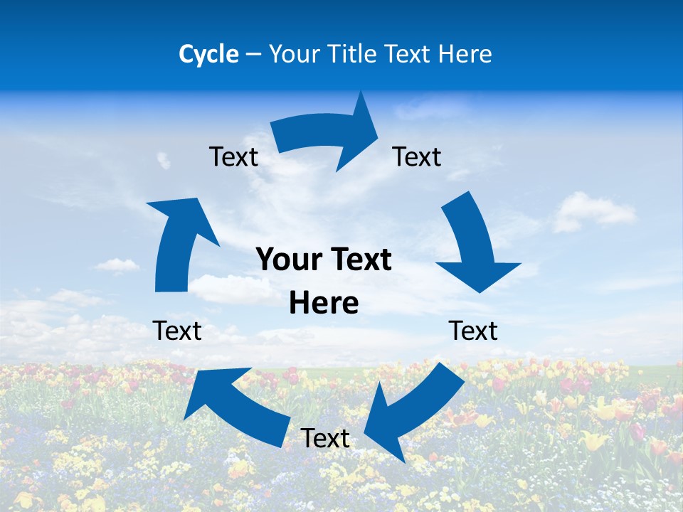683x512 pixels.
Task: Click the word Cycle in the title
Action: pos(208,54)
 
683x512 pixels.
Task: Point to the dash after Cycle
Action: pos(253,55)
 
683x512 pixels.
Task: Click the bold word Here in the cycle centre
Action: pos(324,304)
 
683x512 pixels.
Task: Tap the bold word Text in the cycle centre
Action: pos(359,260)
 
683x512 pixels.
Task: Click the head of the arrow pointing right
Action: pos(360,132)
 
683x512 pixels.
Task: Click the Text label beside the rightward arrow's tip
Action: pos(417,156)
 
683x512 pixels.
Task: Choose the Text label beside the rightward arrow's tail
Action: pos(233,156)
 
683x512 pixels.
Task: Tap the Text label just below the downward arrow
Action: pos(473,331)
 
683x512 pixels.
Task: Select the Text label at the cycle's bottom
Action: pos(325,439)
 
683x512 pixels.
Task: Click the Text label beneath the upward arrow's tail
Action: pos(177,331)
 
